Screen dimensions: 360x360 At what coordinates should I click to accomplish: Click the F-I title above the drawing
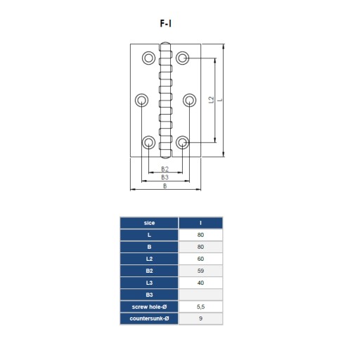166,23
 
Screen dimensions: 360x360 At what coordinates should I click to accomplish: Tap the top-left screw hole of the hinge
148,58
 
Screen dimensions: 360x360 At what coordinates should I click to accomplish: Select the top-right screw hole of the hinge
183,58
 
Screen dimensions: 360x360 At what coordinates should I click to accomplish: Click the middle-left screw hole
141,100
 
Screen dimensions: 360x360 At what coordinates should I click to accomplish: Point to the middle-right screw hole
189,100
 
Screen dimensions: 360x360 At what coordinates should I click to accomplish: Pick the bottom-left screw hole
148,142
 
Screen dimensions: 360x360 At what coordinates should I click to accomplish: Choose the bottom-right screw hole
183,142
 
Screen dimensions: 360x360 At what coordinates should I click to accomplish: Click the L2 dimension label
212,100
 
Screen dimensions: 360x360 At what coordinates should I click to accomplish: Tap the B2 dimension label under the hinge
165,169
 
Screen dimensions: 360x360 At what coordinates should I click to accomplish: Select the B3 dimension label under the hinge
165,177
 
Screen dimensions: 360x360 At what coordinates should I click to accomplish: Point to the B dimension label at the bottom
165,186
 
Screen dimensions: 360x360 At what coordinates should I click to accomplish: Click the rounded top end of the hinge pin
165,44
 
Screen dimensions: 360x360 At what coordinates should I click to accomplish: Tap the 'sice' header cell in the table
149,223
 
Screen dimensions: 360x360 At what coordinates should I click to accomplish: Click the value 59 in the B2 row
200,271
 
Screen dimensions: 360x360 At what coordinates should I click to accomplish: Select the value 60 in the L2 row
200,259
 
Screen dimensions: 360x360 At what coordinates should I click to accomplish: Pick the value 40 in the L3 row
200,283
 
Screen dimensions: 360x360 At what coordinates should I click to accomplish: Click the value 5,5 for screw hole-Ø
200,307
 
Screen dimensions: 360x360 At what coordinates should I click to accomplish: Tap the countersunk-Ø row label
149,319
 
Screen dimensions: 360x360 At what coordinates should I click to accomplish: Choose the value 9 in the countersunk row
200,319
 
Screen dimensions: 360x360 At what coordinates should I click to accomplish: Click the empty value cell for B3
200,295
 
